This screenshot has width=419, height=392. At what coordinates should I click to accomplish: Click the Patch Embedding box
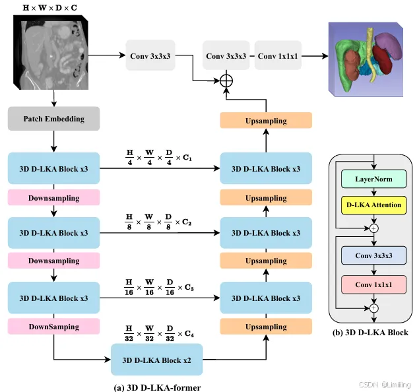tap(54, 119)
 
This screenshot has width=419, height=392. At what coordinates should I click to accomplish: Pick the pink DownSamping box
tap(54, 327)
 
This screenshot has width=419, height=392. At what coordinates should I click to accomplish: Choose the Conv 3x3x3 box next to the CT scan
tap(153, 56)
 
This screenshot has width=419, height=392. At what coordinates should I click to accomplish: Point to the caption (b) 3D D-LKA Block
tap(371, 332)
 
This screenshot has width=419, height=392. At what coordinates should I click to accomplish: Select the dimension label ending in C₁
tap(158, 158)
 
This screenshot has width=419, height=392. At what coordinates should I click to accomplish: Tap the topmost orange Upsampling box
tap(266, 121)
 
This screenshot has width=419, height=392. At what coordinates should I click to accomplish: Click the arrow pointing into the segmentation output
tap(317, 56)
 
